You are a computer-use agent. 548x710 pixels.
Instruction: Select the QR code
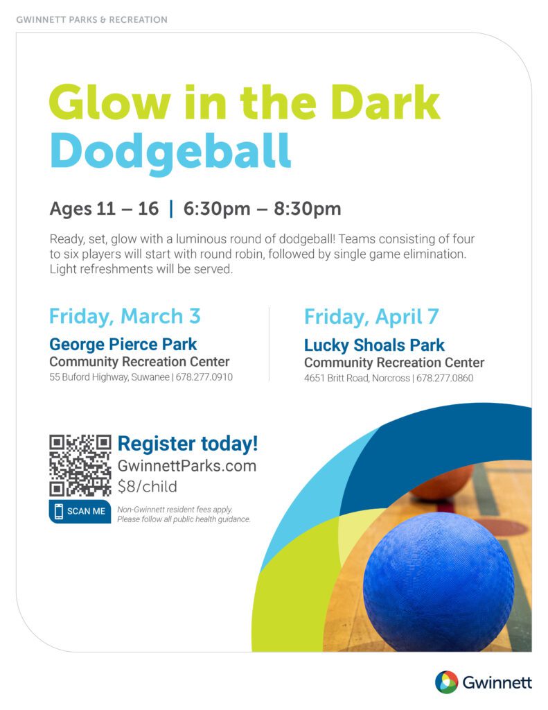pos(80,465)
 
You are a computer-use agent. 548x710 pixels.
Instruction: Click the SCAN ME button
pos(80,511)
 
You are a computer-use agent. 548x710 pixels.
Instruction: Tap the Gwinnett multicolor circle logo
pos(446,682)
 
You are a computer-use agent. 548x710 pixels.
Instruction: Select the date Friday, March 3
pos(125,316)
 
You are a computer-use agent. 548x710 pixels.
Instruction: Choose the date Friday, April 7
pos(371,317)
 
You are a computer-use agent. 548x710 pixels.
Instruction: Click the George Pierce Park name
pos(123,345)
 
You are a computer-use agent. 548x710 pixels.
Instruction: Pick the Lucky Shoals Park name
pos(374,345)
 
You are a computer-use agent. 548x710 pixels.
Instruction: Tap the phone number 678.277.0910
pos(204,376)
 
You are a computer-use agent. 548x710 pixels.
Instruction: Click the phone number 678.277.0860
pos(445,378)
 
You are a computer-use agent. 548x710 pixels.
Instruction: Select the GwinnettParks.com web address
pos(187,466)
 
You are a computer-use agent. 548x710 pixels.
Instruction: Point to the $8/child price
pos(148,487)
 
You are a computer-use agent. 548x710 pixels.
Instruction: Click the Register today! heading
pos(188,444)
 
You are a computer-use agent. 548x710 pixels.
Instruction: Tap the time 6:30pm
pos(217,209)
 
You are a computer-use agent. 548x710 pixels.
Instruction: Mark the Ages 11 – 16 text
pos(104,209)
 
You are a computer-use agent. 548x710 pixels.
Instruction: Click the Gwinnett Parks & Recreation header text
pos(92,20)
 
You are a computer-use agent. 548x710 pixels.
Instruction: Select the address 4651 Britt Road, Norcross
pos(357,378)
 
